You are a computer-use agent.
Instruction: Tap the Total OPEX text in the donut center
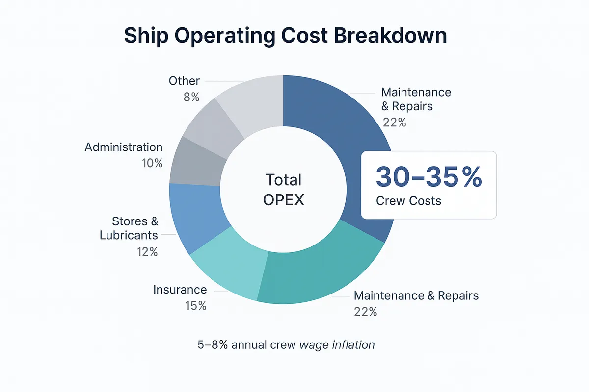[284, 190]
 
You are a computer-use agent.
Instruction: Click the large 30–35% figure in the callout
[428, 177]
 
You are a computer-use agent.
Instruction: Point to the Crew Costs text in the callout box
[408, 201]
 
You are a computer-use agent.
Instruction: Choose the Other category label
[184, 81]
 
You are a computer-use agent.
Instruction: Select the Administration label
[123, 147]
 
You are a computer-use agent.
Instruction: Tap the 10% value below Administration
[152, 163]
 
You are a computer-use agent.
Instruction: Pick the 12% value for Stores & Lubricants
[147, 252]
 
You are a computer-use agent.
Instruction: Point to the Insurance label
[180, 290]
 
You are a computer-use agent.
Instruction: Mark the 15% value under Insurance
[196, 306]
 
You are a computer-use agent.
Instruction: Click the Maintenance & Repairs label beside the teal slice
[416, 295]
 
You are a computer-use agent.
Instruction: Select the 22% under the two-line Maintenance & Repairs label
[395, 122]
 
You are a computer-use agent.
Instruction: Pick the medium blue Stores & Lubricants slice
[194, 216]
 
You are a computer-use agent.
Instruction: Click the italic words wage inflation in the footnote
[337, 344]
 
